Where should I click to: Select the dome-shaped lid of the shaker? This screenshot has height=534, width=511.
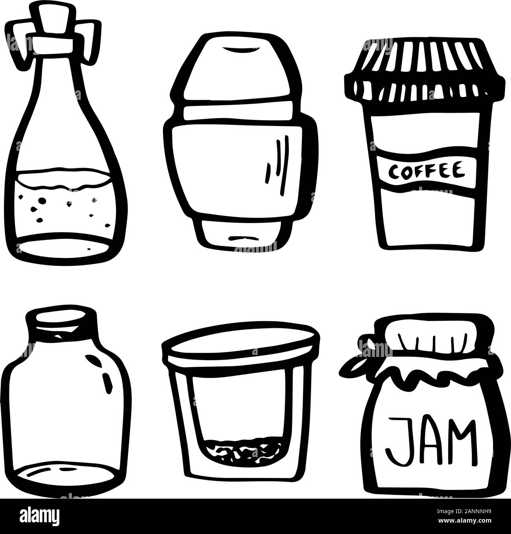click(x=240, y=71)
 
